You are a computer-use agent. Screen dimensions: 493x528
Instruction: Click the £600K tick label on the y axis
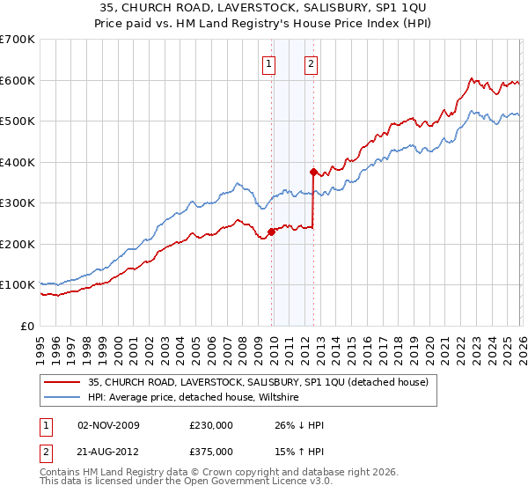[18, 80]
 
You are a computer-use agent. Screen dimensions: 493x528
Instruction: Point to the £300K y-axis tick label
[18, 203]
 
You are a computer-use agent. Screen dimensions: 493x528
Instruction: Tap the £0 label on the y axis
[28, 326]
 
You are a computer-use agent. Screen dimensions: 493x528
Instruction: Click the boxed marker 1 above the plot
[268, 63]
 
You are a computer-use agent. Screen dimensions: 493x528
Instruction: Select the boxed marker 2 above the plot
[312, 63]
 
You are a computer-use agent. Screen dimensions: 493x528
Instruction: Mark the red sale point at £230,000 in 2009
[271, 232]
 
